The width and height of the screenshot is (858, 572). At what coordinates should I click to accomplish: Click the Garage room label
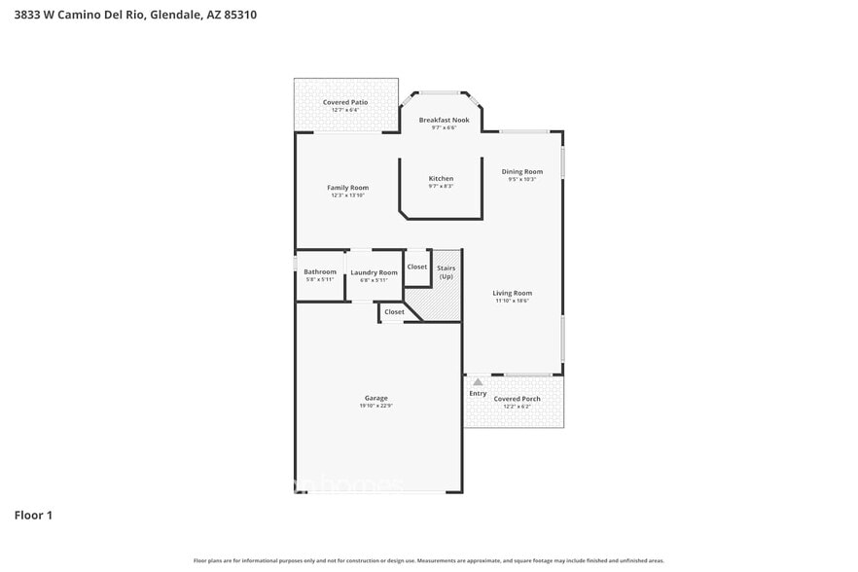pyautogui.click(x=376, y=398)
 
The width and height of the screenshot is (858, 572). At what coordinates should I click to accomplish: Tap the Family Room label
pyautogui.click(x=347, y=188)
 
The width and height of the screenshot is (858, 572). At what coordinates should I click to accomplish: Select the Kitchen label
pyautogui.click(x=441, y=178)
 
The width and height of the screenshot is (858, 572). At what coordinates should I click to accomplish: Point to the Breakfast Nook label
pyautogui.click(x=444, y=120)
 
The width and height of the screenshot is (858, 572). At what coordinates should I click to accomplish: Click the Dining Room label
pyautogui.click(x=522, y=171)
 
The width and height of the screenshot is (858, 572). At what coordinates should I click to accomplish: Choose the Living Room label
pyautogui.click(x=512, y=293)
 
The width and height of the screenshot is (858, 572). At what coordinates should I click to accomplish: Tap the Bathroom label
pyautogui.click(x=320, y=271)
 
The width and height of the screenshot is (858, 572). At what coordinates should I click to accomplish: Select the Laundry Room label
pyautogui.click(x=374, y=272)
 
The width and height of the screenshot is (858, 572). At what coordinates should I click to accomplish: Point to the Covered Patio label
pyautogui.click(x=345, y=102)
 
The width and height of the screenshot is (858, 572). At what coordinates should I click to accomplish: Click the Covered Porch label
pyautogui.click(x=517, y=399)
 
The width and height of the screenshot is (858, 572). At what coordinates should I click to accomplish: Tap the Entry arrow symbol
pyautogui.click(x=478, y=382)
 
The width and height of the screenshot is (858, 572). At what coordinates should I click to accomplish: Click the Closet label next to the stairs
pyautogui.click(x=416, y=267)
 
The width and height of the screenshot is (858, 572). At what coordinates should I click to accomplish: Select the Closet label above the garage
pyautogui.click(x=394, y=312)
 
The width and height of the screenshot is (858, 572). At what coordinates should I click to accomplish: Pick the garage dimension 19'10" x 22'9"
pyautogui.click(x=376, y=406)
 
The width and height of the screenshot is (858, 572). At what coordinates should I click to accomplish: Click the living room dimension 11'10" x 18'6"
pyautogui.click(x=512, y=301)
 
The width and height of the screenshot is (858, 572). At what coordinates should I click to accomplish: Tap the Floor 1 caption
pyautogui.click(x=33, y=515)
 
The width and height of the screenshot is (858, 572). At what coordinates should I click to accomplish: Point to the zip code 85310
pyautogui.click(x=240, y=15)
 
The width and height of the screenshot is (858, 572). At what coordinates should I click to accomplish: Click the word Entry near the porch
pyautogui.click(x=478, y=393)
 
